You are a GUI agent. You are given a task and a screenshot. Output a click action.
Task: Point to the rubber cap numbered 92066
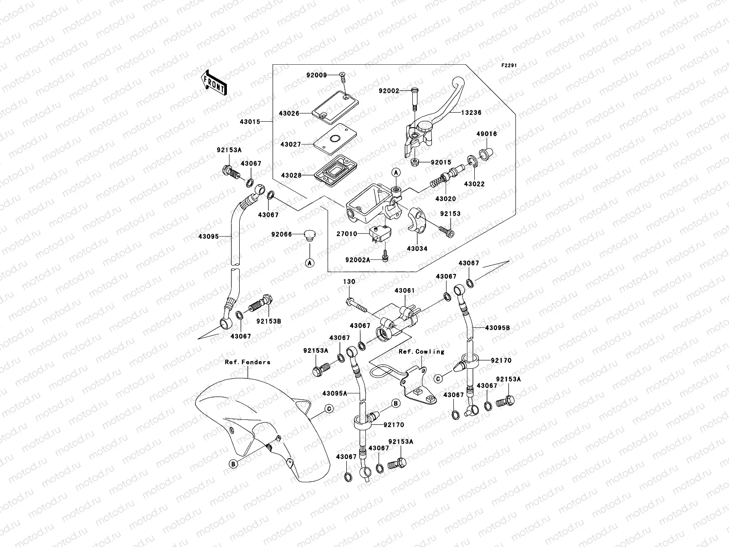(310, 235)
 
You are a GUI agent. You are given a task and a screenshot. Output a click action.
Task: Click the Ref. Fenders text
(247, 362)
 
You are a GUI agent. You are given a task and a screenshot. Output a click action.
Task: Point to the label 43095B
(497, 328)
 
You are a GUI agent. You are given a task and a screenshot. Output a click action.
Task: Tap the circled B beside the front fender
(233, 464)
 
